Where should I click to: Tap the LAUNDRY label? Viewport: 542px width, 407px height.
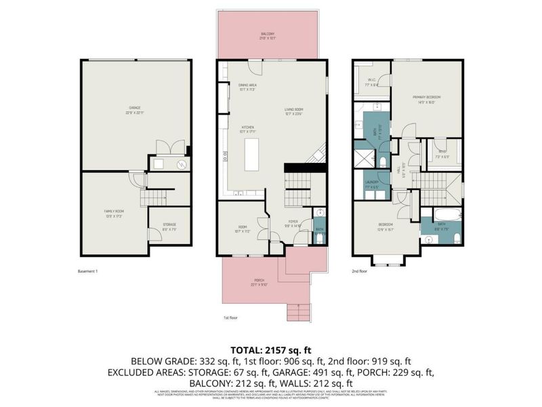pos(371,182)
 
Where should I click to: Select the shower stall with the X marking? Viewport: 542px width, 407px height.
pos(364,160)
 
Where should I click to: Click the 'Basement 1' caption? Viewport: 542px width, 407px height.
pos(88,271)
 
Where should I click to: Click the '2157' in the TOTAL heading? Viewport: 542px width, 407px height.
pos(285,351)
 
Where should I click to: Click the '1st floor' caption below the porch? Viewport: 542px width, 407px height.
pos(231,317)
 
